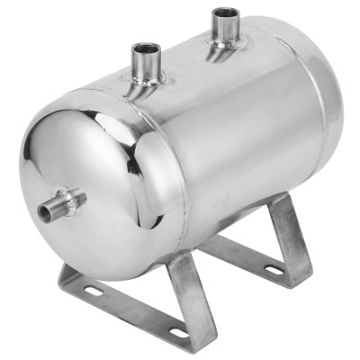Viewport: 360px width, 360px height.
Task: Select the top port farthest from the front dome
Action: coord(222,29)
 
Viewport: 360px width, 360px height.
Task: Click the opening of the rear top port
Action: coord(222,13)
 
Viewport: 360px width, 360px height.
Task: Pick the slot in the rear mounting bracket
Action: coord(296,266)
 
